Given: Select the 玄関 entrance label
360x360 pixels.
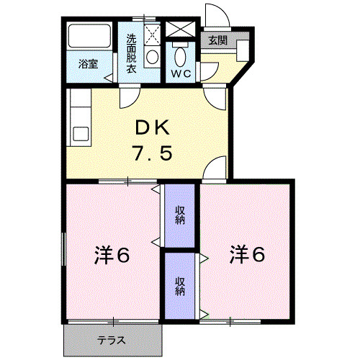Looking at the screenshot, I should [217, 41].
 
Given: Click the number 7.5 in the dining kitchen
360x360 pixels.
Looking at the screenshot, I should [152, 153].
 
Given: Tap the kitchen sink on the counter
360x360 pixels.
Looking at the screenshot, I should [78, 134].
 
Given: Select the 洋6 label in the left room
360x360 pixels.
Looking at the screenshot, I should [112, 255].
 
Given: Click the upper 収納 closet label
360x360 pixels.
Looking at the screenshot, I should [179, 215].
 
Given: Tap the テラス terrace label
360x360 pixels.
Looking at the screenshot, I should [112, 340].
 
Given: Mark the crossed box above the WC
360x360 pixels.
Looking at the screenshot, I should [179, 31].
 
